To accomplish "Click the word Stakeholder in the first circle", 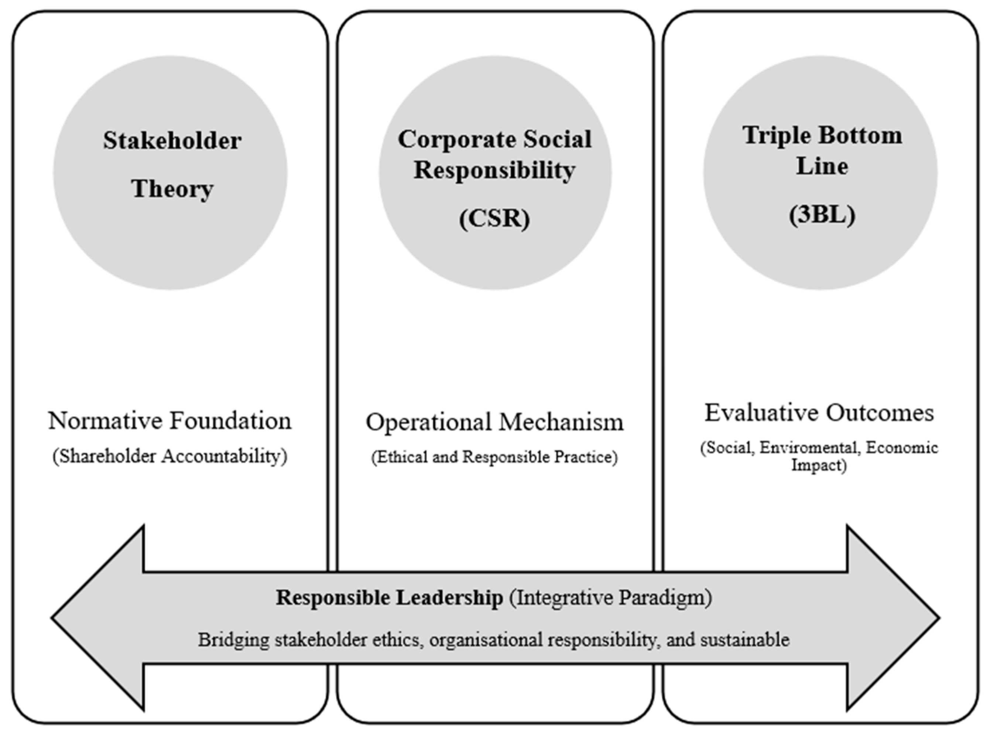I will [172, 141].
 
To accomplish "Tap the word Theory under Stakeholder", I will [172, 189].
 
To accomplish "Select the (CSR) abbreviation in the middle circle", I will [494, 219].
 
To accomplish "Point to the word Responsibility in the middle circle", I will [494, 170].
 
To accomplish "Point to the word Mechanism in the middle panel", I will [561, 422].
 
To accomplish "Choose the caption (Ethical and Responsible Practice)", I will [494, 457].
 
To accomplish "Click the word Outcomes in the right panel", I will [880, 413].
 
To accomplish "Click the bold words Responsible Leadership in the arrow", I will [389, 598].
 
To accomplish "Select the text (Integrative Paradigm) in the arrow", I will [610, 598].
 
